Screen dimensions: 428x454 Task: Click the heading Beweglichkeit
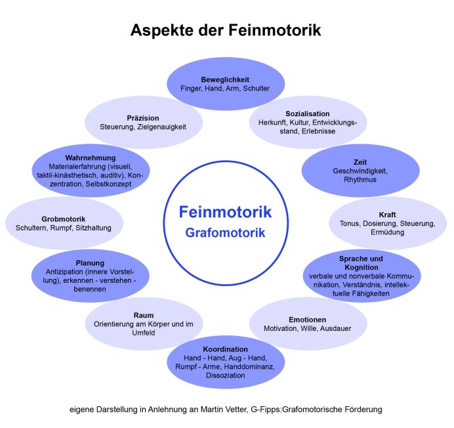point(225,79)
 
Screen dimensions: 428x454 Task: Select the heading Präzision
point(143,118)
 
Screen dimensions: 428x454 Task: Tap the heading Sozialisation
point(308,114)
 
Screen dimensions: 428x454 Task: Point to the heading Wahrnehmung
point(91,158)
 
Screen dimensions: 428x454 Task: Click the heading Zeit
point(360,161)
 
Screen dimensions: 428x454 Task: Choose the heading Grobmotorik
point(64,219)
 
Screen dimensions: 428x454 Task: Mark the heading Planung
point(90,263)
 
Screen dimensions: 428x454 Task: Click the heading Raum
point(143,315)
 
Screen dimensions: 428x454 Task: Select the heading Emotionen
point(307,319)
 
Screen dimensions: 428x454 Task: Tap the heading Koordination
point(225,349)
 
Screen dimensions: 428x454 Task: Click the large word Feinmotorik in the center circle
point(225,213)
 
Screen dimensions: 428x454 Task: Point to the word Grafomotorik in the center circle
point(225,232)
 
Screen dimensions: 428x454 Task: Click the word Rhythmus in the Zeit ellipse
point(360,179)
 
